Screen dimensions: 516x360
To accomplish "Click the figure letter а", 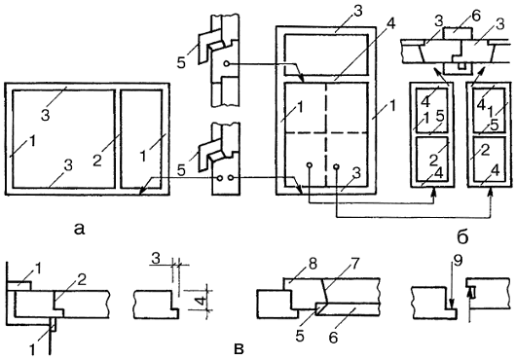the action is pyautogui.click(x=79, y=229).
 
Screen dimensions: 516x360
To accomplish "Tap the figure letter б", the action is pyautogui.click(x=462, y=236).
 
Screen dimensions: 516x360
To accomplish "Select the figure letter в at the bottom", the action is pyautogui.click(x=239, y=349).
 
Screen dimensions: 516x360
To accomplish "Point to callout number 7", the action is pyautogui.click(x=354, y=263).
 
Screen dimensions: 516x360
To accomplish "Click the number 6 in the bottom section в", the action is pyautogui.click(x=333, y=338).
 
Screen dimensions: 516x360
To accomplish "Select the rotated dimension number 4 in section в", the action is pyautogui.click(x=203, y=300).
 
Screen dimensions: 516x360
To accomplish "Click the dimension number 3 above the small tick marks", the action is pyautogui.click(x=156, y=259).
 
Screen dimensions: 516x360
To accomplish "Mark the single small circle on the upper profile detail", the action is pyautogui.click(x=227, y=63).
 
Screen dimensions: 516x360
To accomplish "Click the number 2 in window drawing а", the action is pyautogui.click(x=96, y=162).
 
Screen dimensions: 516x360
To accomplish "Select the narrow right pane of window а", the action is pyautogui.click(x=141, y=139).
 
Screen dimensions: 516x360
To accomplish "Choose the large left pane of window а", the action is pyautogui.click(x=63, y=139).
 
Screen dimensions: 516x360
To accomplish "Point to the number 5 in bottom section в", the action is pyautogui.click(x=300, y=336).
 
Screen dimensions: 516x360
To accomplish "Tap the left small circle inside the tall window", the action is pyautogui.click(x=309, y=165).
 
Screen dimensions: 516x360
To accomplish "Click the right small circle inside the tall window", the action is pyautogui.click(x=336, y=166).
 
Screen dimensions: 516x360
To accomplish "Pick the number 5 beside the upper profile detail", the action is pyautogui.click(x=181, y=62).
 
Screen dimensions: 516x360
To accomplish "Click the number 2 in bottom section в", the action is pyautogui.click(x=82, y=279).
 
